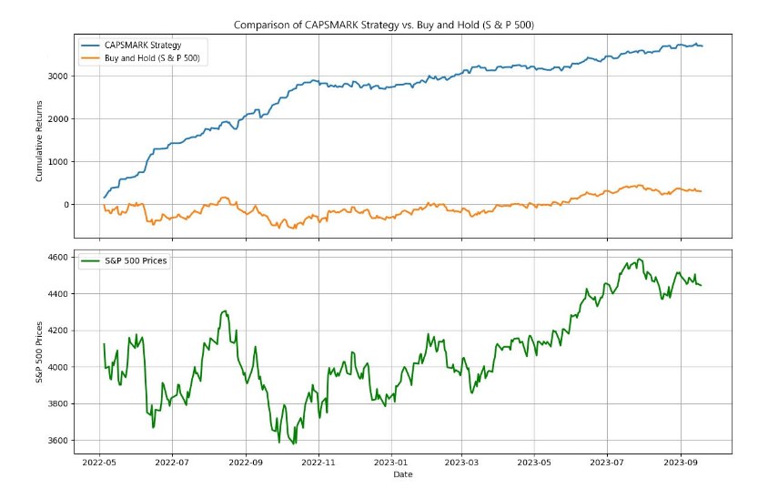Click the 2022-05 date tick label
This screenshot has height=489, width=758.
click(100, 463)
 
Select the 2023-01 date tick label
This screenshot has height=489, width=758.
click(390, 463)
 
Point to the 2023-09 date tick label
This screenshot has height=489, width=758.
click(681, 463)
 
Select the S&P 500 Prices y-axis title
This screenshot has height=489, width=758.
click(39, 351)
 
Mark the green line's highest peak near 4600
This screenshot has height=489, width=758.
click(640, 259)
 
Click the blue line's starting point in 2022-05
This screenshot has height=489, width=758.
click(104, 198)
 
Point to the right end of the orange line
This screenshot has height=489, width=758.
click(702, 191)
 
